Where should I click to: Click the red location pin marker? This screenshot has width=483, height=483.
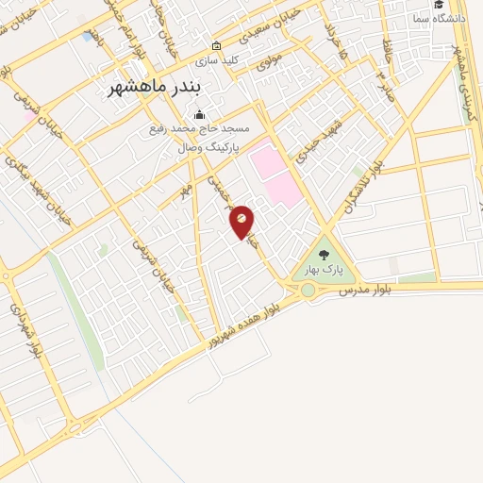[x=242, y=220]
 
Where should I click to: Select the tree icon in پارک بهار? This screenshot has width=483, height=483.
[x=325, y=254]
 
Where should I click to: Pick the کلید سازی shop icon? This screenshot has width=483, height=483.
[x=217, y=46]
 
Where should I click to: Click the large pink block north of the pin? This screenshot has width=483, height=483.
[x=277, y=172]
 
